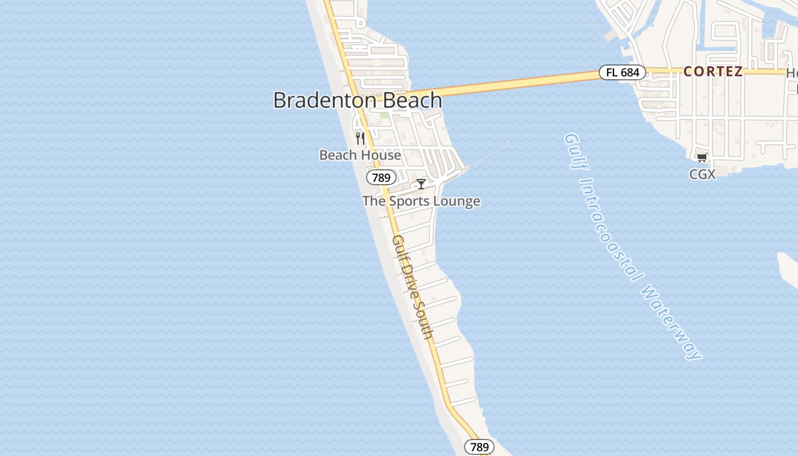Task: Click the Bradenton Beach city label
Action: [x=357, y=100]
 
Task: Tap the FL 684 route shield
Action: [x=622, y=72]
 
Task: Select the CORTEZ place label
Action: [x=712, y=71]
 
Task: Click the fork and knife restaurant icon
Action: [x=360, y=138]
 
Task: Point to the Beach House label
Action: [x=360, y=155]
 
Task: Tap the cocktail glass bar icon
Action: [x=421, y=184]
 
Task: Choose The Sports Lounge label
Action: [x=421, y=201]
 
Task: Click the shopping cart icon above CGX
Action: [x=702, y=158]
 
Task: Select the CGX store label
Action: [x=702, y=174]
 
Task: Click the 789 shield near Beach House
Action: [x=381, y=177]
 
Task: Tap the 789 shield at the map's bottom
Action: [x=479, y=447]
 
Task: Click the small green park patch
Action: [x=385, y=115]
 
